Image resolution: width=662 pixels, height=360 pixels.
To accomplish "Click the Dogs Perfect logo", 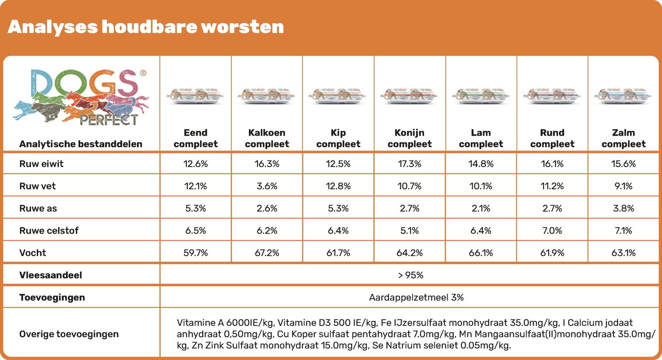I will pos(81,97).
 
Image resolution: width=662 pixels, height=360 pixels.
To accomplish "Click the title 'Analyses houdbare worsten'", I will pos(146,27).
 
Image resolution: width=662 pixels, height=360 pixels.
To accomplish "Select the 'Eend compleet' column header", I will pos(195,138).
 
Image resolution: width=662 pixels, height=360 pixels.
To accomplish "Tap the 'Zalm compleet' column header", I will pos(624,138).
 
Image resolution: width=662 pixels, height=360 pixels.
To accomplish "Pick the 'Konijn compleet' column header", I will pos(410,138).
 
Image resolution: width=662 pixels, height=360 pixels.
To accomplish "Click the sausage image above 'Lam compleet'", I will pos(480,95).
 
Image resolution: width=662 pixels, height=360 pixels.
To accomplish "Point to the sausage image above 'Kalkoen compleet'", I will pos(267,95).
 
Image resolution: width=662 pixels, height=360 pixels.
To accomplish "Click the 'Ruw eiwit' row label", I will pos(41,164).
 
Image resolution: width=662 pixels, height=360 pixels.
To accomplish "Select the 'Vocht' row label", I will pos(33,253).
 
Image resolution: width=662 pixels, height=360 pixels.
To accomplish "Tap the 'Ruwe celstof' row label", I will pos(49,231).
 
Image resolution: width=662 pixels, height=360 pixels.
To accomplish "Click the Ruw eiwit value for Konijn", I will pos(410,164).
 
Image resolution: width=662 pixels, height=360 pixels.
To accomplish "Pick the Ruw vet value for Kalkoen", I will pos(267,186).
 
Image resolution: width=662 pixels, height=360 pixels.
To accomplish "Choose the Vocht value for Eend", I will pos(195,253).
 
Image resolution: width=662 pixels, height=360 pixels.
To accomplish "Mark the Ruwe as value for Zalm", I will pos(624,208).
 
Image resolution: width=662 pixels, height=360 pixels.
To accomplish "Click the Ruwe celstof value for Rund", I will pos(552,231).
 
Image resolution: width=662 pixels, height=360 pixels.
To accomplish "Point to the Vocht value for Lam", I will pos(481,253).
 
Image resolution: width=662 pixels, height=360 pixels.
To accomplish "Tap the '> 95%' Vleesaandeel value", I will pos(411,275).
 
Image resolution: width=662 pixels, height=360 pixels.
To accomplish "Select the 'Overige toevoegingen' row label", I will pos(69,334).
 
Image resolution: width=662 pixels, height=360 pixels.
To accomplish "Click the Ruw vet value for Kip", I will pos(338,186).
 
